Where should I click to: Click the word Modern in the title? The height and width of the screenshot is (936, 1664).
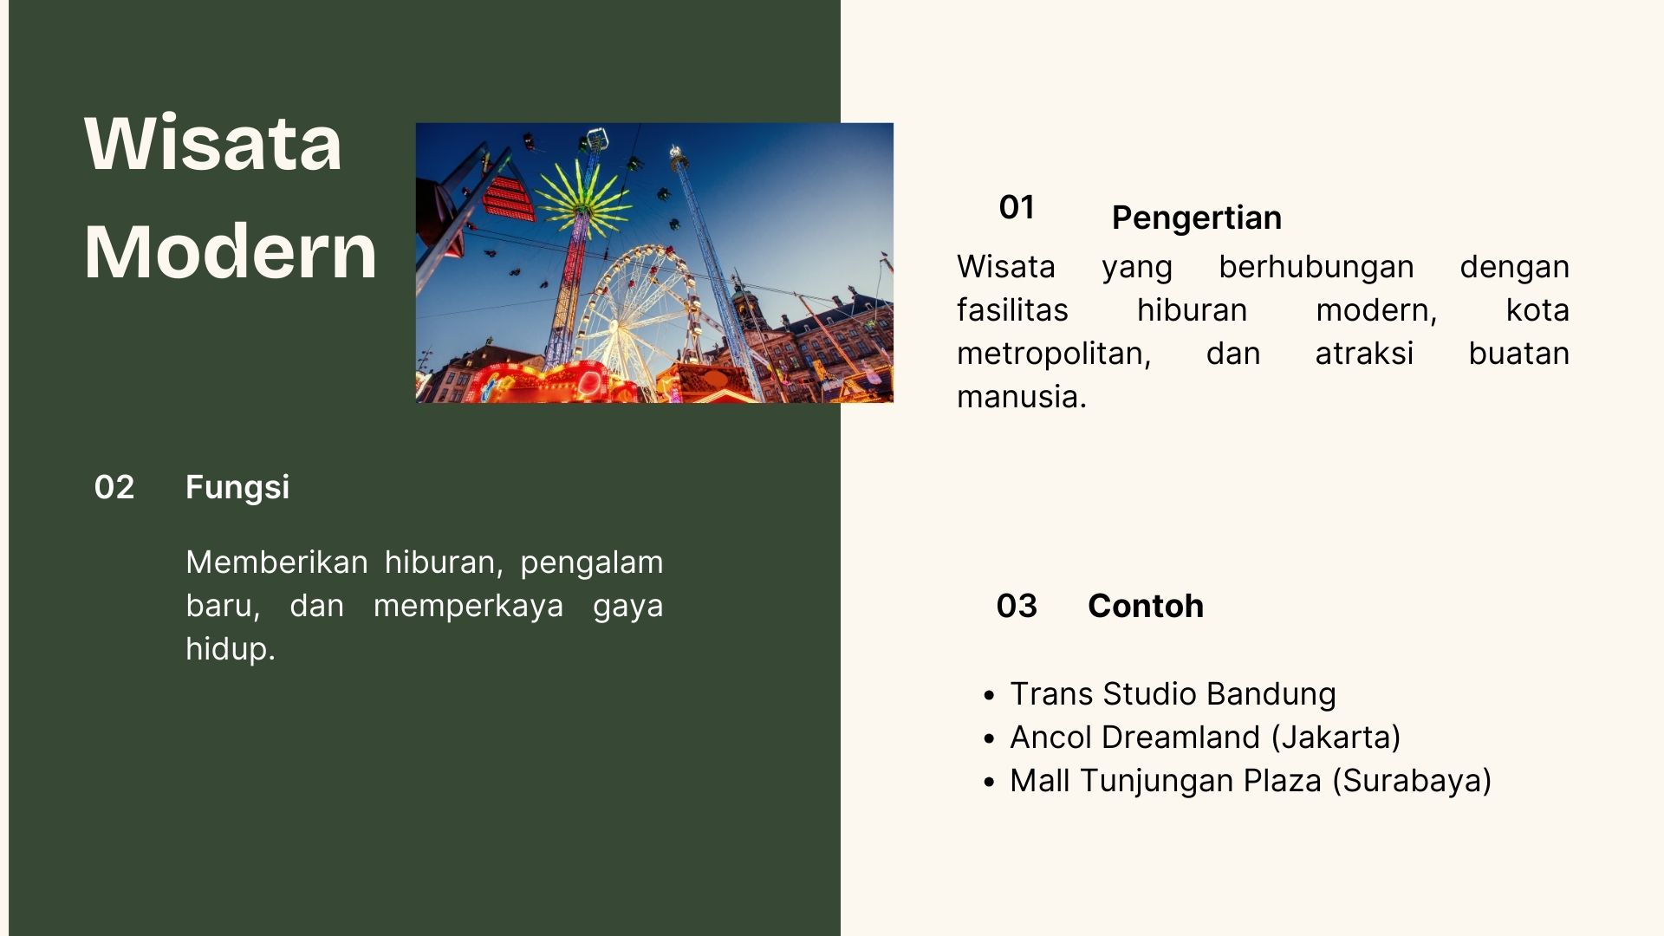tap(231, 251)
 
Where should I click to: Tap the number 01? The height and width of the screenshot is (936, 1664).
tap(1017, 207)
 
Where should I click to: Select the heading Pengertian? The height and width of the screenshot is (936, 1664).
tap(1197, 218)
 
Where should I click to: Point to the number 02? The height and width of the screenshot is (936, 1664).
tap(114, 487)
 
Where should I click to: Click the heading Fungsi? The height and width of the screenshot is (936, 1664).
tap(237, 488)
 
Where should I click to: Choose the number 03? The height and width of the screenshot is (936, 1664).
tap(1017, 606)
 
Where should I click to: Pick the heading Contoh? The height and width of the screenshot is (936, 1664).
tap(1146, 606)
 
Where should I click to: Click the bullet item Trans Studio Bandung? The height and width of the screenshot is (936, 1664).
tap(1173, 694)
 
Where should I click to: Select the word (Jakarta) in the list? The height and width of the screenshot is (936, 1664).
tap(1336, 738)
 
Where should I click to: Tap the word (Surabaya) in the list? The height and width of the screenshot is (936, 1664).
tap(1411, 781)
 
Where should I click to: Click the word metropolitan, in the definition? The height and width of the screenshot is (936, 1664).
tap(1054, 354)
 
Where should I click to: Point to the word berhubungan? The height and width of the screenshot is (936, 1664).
tap(1316, 268)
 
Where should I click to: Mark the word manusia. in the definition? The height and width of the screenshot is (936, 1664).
tap(1021, 397)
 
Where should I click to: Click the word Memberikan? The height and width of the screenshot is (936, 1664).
tap(277, 562)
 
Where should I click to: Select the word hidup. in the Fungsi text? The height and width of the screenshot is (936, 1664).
tap(231, 649)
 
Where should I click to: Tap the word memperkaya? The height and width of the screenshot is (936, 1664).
tap(468, 606)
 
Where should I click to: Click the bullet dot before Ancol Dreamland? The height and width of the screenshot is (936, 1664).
tap(990, 739)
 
